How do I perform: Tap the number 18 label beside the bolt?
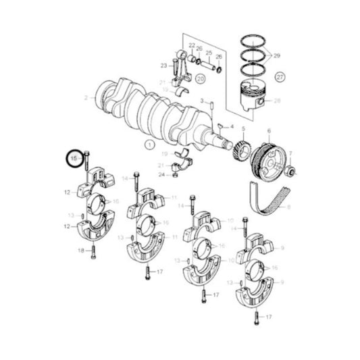point(81,251)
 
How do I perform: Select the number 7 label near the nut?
point(290,154)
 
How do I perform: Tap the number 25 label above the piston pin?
point(209,53)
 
